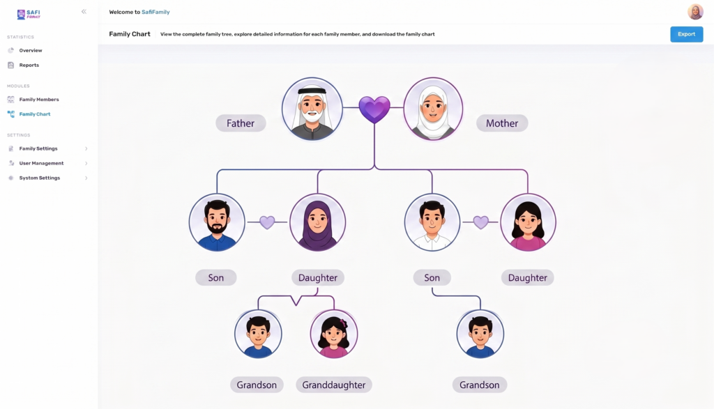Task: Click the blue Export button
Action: [686, 34]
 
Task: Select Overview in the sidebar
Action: [31, 50]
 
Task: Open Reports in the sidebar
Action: [29, 65]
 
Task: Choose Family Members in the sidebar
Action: [39, 99]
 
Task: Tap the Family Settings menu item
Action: [38, 148]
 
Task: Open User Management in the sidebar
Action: [41, 163]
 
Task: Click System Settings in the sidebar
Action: [40, 178]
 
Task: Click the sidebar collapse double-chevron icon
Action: [84, 12]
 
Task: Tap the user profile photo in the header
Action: [695, 12]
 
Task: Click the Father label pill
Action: [241, 123]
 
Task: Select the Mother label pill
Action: [502, 123]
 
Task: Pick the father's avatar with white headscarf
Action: [312, 109]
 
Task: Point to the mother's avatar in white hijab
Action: [433, 109]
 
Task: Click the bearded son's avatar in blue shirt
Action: [217, 222]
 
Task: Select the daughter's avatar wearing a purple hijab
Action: [317, 222]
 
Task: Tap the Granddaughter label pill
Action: [334, 385]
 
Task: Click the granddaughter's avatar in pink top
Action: [334, 334]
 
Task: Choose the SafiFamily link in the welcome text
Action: [155, 13]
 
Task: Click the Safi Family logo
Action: [29, 14]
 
